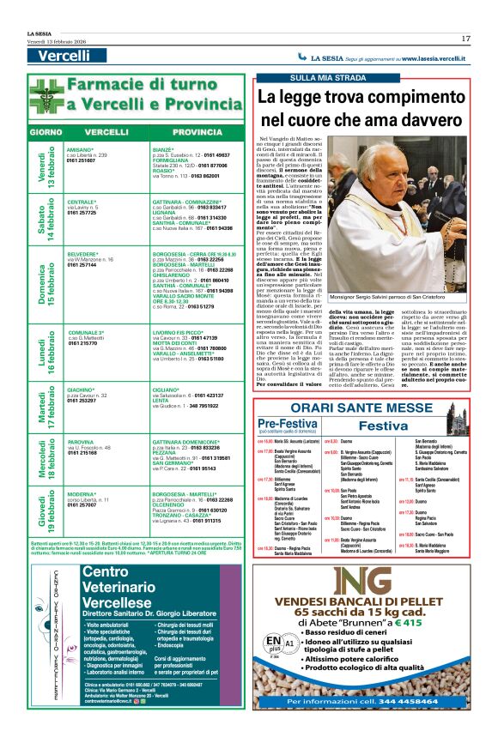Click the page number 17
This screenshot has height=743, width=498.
pyautogui.click(x=465, y=39)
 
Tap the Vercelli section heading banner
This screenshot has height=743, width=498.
pyautogui.click(x=64, y=56)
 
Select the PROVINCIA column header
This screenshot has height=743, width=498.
pyautogui.click(x=197, y=133)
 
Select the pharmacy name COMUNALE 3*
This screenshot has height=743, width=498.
pyautogui.click(x=86, y=332)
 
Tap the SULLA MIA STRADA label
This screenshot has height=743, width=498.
pyautogui.click(x=319, y=79)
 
